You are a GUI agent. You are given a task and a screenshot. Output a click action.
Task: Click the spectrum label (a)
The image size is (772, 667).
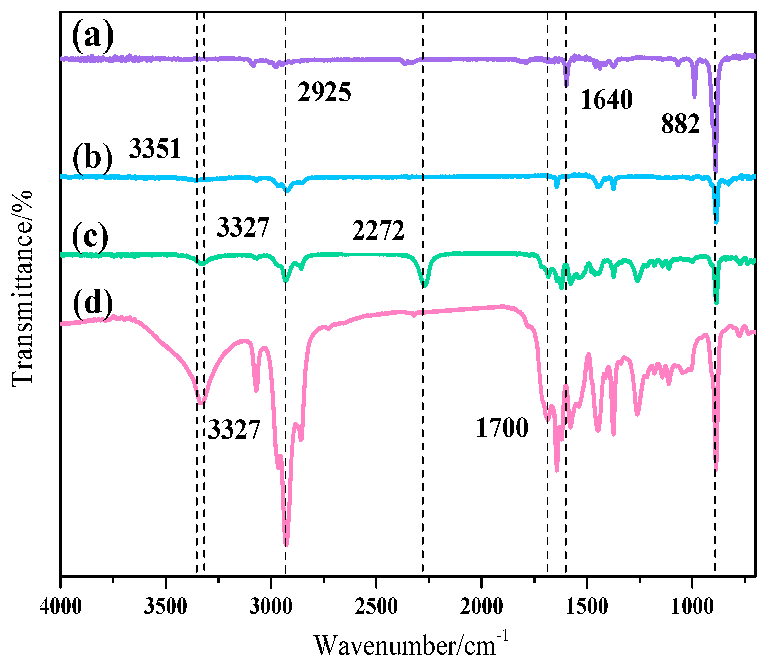(x=93, y=37)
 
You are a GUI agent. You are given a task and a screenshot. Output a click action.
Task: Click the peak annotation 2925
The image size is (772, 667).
(x=324, y=92)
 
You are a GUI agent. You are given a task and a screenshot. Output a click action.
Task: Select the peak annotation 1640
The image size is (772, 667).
(x=606, y=100)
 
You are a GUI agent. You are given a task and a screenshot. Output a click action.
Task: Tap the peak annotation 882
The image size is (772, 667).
(x=680, y=124)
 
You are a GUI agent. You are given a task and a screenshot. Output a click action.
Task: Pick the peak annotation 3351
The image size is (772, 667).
(x=155, y=149)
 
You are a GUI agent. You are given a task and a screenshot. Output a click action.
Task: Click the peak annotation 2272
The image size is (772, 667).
(x=378, y=231)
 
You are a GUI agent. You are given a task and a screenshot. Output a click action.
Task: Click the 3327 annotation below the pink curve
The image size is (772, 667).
(x=233, y=430)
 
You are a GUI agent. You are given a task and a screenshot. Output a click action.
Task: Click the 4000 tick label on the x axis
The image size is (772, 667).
(x=61, y=607)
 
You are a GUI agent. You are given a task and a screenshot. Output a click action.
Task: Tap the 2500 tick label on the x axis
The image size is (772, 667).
(x=376, y=607)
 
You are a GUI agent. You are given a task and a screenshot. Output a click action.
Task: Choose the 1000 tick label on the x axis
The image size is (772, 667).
(x=692, y=607)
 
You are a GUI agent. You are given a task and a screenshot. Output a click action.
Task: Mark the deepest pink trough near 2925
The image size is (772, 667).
(x=286, y=544)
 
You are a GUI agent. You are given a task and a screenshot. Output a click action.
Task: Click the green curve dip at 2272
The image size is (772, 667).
(x=425, y=286)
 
